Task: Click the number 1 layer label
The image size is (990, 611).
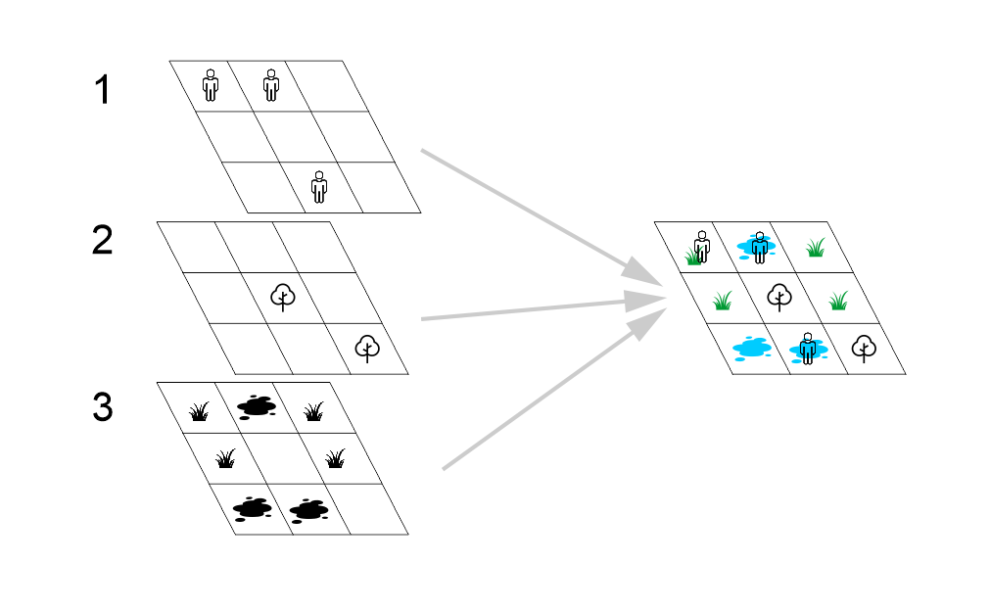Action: pyautogui.click(x=103, y=91)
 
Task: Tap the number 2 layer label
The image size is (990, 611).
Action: pyautogui.click(x=103, y=241)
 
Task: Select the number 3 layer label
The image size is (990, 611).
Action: pyautogui.click(x=103, y=407)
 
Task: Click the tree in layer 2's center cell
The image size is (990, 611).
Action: pyautogui.click(x=282, y=295)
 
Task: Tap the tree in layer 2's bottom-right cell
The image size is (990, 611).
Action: pyautogui.click(x=367, y=347)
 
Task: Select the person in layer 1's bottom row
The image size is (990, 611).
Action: pyautogui.click(x=318, y=185)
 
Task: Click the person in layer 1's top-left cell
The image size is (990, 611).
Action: pyautogui.click(x=211, y=84)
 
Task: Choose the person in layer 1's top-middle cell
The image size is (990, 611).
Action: pyautogui.click(x=271, y=84)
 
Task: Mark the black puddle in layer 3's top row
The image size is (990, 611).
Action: pyautogui.click(x=257, y=405)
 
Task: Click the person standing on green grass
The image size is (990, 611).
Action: pyautogui.click(x=701, y=246)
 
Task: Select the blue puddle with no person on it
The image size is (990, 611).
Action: pyautogui.click(x=752, y=347)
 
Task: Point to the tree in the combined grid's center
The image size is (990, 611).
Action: pyautogui.click(x=779, y=295)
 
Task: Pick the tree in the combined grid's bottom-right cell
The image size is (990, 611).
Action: pyautogui.click(x=864, y=347)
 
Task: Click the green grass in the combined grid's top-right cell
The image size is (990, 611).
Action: pyautogui.click(x=815, y=249)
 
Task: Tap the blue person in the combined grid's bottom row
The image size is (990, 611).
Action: pyautogui.click(x=807, y=347)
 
